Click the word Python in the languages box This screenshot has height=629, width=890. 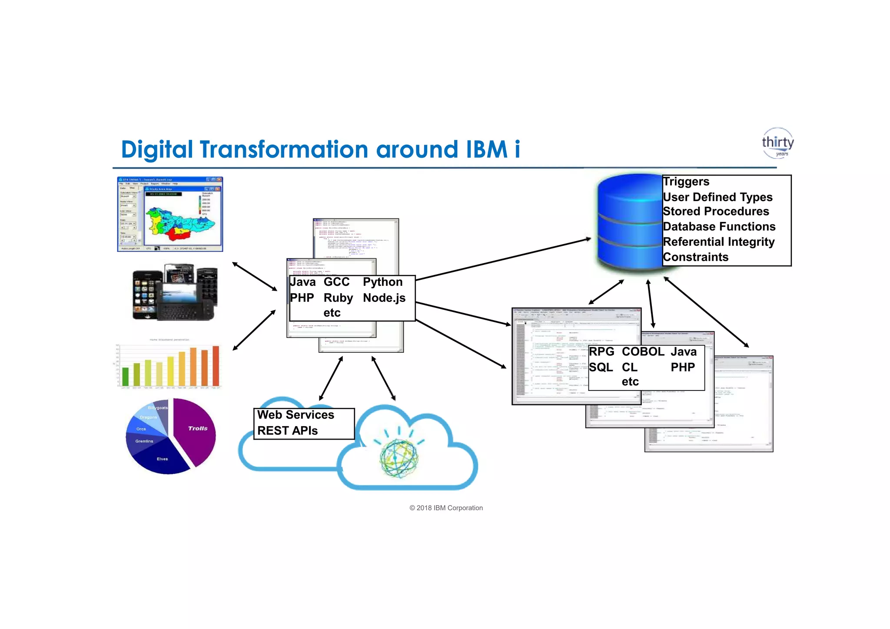tap(382, 282)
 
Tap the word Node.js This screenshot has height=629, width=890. tap(384, 298)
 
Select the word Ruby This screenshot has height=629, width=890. tap(338, 298)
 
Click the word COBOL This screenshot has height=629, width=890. tap(643, 351)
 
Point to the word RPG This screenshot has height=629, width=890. tap(601, 351)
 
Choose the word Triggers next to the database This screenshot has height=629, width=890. tap(686, 182)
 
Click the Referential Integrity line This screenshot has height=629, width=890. tap(719, 242)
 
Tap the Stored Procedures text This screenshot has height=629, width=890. tap(716, 212)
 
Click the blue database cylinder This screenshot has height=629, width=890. tap(629, 222)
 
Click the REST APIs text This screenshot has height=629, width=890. tap(287, 430)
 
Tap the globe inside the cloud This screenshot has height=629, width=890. tap(399, 458)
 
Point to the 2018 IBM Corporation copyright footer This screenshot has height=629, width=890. tap(446, 508)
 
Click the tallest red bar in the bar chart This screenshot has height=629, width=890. tap(216, 366)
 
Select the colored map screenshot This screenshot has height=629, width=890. tap(170, 214)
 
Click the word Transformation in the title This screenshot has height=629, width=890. tap(284, 149)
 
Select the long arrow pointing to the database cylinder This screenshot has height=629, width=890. tap(504, 259)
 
